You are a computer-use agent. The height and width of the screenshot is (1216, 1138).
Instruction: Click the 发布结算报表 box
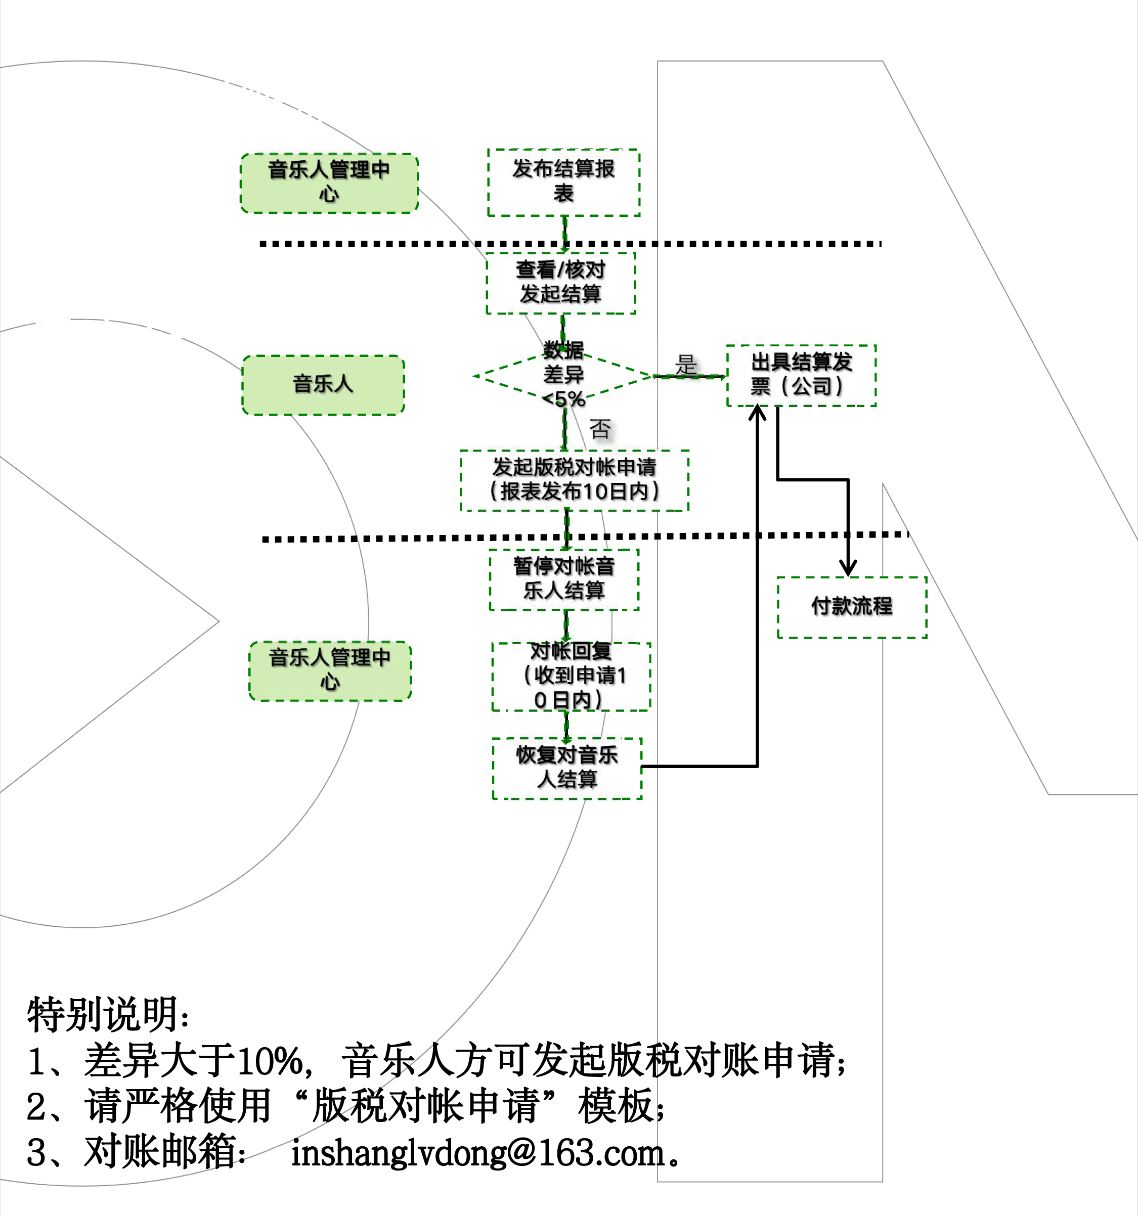[x=563, y=183]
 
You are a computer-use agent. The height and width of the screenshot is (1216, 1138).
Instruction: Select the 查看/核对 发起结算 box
[x=561, y=283]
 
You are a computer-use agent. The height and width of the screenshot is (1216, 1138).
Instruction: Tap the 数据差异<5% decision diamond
[x=563, y=376]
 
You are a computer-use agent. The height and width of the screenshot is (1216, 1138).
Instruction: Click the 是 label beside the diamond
[x=686, y=365]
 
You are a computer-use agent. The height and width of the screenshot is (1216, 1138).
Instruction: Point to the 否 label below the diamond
[x=599, y=429]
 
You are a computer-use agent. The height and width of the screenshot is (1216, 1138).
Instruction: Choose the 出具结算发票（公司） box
[x=801, y=375]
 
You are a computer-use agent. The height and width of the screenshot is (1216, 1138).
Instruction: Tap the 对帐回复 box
[x=571, y=676]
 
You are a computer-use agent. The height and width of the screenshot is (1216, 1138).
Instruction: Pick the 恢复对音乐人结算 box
[x=567, y=768]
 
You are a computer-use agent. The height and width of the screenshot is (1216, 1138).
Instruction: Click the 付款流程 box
[x=852, y=607]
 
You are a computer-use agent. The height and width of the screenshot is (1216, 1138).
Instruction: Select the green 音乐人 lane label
[x=323, y=385]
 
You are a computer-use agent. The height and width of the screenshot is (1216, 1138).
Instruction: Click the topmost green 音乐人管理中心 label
[x=329, y=183]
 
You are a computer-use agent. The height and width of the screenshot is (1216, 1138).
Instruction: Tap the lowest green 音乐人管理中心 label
[x=330, y=670]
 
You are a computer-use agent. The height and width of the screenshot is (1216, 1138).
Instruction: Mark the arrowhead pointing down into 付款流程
[x=847, y=569]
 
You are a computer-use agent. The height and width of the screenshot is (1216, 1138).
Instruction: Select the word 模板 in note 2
[x=616, y=1106]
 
